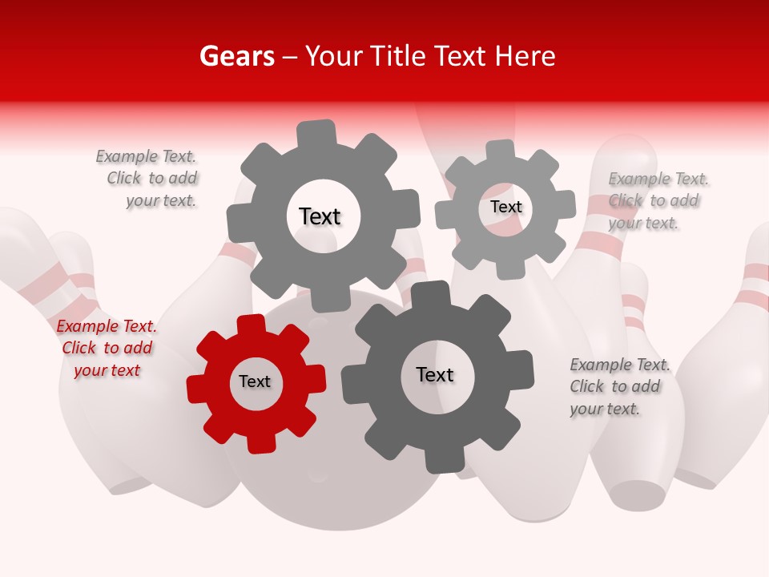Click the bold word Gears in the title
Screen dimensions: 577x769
[236, 56]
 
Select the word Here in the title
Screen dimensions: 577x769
[525, 56]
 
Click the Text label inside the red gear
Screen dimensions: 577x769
[255, 381]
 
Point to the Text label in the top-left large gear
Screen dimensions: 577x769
[320, 216]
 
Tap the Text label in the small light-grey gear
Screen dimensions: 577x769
[506, 207]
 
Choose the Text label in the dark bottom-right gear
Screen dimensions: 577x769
[435, 374]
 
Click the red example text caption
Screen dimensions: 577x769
[107, 349]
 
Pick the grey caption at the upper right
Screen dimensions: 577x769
[657, 201]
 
